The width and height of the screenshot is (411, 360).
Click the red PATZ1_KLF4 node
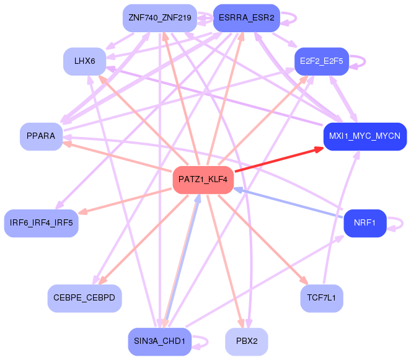[203, 180]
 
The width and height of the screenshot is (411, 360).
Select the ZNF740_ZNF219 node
[160, 18]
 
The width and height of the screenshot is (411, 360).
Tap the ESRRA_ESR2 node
[247, 18]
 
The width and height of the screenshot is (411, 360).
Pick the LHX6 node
[85, 61]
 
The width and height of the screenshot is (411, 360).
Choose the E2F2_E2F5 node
[322, 61]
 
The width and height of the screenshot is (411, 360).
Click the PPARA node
[41, 136]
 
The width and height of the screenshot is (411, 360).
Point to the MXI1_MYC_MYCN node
[365, 136]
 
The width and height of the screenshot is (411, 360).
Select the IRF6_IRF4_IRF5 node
[41, 223]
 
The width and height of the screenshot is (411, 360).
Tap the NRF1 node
[365, 223]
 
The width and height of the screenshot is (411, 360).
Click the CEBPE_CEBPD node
[85, 298]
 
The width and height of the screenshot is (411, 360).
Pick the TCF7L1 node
[322, 298]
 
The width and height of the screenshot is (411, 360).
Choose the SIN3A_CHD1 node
[160, 341]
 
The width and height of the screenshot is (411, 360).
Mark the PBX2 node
[247, 341]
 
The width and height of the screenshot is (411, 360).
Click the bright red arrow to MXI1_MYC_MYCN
[279, 160]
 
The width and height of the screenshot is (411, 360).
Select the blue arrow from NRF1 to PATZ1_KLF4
[288, 202]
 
